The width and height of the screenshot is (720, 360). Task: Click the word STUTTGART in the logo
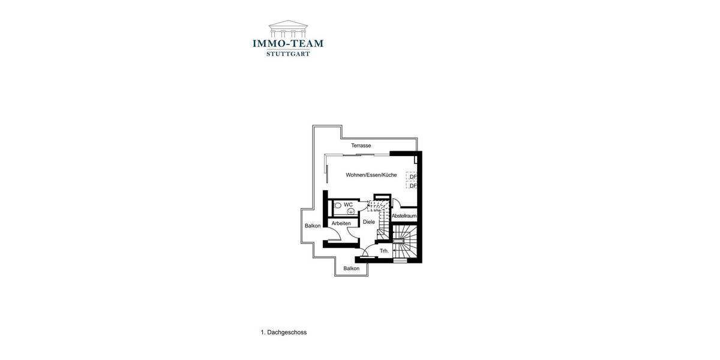(288, 53)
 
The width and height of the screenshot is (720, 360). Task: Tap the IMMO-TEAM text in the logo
(288, 43)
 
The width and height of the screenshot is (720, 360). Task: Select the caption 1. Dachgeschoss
(284, 332)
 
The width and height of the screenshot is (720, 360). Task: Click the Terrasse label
(361, 146)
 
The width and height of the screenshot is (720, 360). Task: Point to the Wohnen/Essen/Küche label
(371, 175)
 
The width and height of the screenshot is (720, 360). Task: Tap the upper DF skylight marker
(413, 177)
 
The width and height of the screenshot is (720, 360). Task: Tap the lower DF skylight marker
(413, 186)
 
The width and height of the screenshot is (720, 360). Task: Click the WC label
(348, 205)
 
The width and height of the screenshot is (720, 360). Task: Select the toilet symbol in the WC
(337, 206)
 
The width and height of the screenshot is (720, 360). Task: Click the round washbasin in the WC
(350, 211)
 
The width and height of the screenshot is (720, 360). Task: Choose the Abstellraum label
(404, 216)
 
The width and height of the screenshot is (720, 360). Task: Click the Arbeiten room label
(341, 224)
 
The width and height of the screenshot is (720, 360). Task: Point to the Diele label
(369, 222)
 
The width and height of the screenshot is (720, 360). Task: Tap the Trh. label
(384, 251)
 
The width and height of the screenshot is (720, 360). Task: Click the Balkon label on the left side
(313, 226)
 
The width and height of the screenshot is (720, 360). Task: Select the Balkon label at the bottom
(352, 269)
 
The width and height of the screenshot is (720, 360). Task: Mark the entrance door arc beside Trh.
(370, 252)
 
